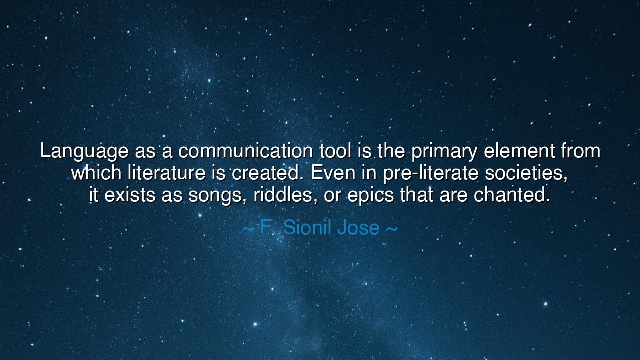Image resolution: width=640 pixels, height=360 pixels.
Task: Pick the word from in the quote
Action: tap(580, 150)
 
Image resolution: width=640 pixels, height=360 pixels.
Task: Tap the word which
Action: tap(96, 173)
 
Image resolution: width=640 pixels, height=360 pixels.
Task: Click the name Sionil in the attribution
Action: tap(307, 228)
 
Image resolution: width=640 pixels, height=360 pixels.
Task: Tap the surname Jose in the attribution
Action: tap(358, 228)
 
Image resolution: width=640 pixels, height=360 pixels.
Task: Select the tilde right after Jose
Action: tap(391, 228)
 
